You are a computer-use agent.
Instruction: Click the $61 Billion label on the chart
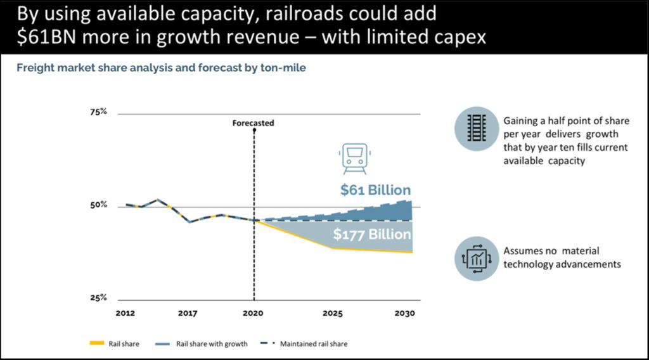point(375,190)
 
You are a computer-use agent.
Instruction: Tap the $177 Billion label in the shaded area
point(372,235)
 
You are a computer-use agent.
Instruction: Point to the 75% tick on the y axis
point(98,112)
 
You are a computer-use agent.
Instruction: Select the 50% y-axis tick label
point(98,205)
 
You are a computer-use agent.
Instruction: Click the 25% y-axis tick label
point(98,298)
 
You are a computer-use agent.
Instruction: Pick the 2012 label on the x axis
point(125,313)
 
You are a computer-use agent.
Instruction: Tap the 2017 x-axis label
point(188,313)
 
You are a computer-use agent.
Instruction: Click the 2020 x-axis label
point(254,313)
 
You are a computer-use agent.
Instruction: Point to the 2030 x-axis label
point(403,313)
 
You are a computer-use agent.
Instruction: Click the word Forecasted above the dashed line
point(254,123)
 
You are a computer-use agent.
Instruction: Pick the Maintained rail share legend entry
point(304,344)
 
